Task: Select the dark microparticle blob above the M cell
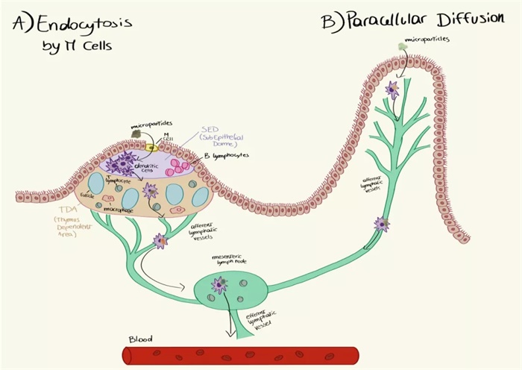[x=136, y=134]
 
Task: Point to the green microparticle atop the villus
[x=402, y=47]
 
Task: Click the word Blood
[x=141, y=339]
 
